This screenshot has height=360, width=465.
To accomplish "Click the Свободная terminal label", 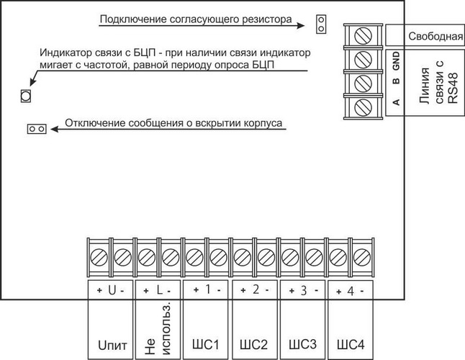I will click(x=434, y=35).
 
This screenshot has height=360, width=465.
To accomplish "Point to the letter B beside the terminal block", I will click(x=395, y=83).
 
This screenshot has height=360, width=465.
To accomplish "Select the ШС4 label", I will click(x=350, y=341).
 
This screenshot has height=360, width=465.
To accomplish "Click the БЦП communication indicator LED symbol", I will click(x=24, y=96).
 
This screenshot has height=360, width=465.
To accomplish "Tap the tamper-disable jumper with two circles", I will click(x=36, y=128).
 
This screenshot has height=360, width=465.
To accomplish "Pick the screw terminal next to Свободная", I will click(x=364, y=35).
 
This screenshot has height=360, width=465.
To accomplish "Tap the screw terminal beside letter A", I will click(x=364, y=107).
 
